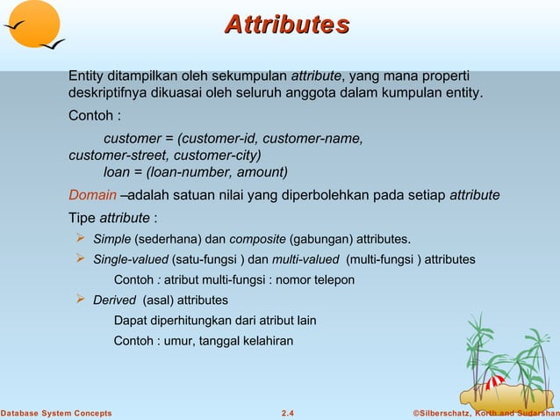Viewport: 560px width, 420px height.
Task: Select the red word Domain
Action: click(x=92, y=194)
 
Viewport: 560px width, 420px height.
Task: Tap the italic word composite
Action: click(x=258, y=239)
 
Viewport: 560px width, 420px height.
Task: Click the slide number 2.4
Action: click(x=287, y=413)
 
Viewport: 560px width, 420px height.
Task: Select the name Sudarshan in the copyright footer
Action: click(x=533, y=413)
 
